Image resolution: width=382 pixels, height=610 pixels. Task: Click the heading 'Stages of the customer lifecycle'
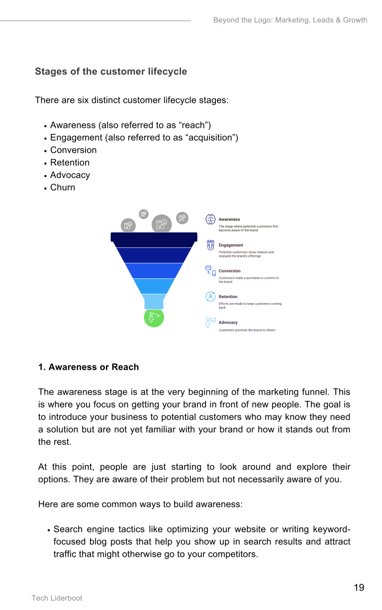point(111,72)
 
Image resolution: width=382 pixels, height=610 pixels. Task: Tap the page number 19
point(359,588)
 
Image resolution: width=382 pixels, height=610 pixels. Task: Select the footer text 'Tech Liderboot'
point(57,598)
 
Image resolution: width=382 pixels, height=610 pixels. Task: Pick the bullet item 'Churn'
point(63,188)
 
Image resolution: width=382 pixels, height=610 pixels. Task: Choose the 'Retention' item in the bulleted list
point(70,163)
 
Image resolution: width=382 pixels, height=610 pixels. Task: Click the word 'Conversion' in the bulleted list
point(73,150)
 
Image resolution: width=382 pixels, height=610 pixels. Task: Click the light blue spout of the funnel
point(154,302)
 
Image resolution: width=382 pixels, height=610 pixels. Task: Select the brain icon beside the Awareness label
point(210,219)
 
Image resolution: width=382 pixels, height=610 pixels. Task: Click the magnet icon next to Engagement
point(210,245)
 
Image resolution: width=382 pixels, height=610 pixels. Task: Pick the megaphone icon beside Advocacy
point(210,322)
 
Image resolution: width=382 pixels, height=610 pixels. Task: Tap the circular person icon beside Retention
point(210,297)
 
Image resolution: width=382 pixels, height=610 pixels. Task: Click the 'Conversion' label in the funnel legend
point(229,271)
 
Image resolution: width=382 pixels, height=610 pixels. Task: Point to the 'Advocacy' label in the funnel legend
point(228,322)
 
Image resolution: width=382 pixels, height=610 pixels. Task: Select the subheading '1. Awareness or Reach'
point(89,367)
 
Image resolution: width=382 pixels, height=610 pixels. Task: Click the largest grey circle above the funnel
point(161,224)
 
